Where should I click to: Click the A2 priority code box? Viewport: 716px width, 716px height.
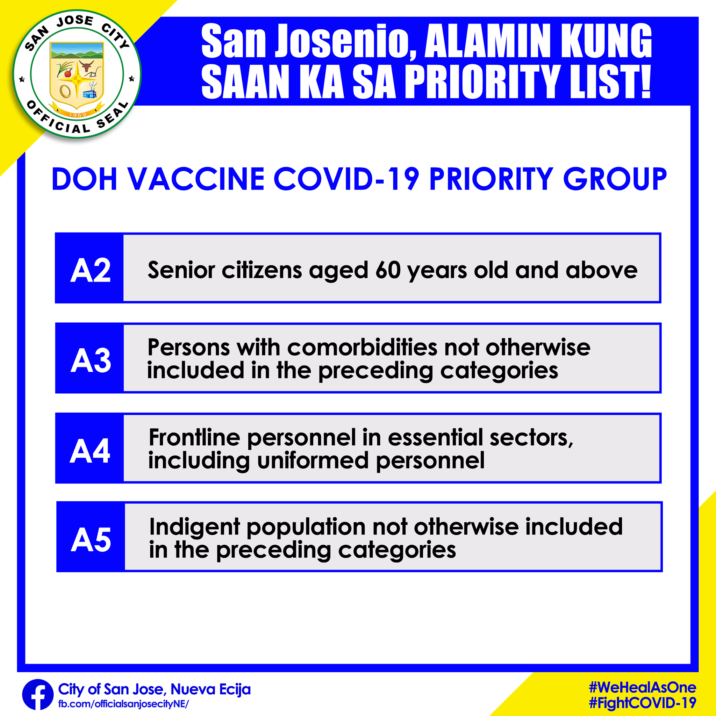tap(89, 268)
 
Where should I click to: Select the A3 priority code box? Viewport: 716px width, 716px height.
tap(89, 358)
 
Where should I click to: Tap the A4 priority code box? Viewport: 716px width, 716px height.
tap(89, 448)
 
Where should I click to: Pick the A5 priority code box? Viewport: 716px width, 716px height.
tap(91, 537)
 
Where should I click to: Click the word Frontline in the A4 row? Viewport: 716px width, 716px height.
tap(195, 437)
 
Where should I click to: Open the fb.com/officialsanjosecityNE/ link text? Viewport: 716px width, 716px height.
tap(123, 704)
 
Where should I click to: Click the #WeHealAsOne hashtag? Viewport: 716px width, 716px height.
tap(643, 687)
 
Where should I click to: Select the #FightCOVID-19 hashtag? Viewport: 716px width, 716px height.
tap(643, 703)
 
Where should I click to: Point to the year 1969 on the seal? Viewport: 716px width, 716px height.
tap(78, 115)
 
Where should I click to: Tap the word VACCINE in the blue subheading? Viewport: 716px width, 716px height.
tap(196, 179)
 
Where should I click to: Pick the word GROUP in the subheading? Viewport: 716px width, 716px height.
tap(615, 179)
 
